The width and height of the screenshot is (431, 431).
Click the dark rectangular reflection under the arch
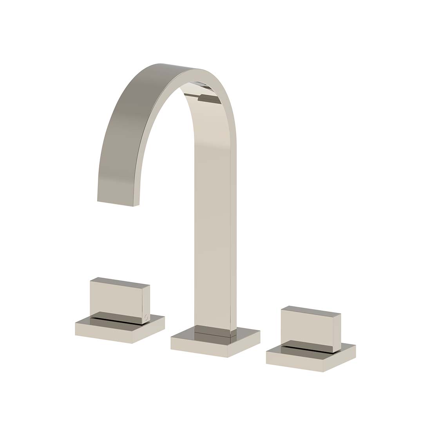(208, 98)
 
